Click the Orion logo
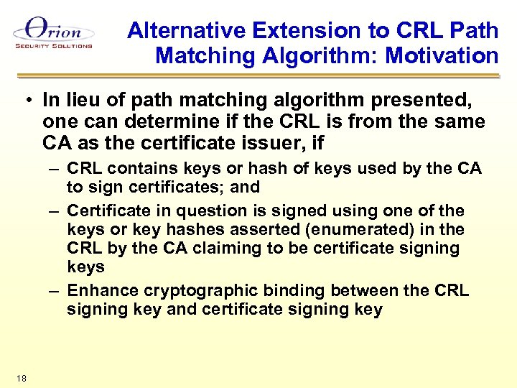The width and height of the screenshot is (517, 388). (52, 31)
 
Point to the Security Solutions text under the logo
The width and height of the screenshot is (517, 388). (53, 46)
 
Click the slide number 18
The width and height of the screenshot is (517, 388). (19, 378)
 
